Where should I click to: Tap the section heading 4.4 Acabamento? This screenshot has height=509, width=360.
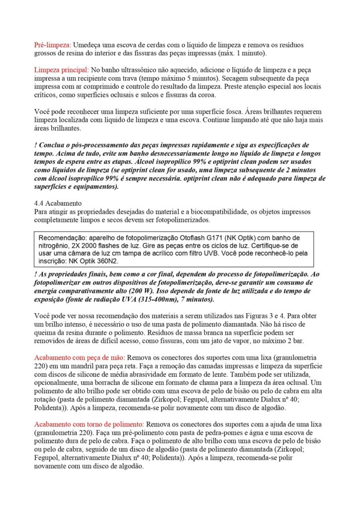tap(58, 203)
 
